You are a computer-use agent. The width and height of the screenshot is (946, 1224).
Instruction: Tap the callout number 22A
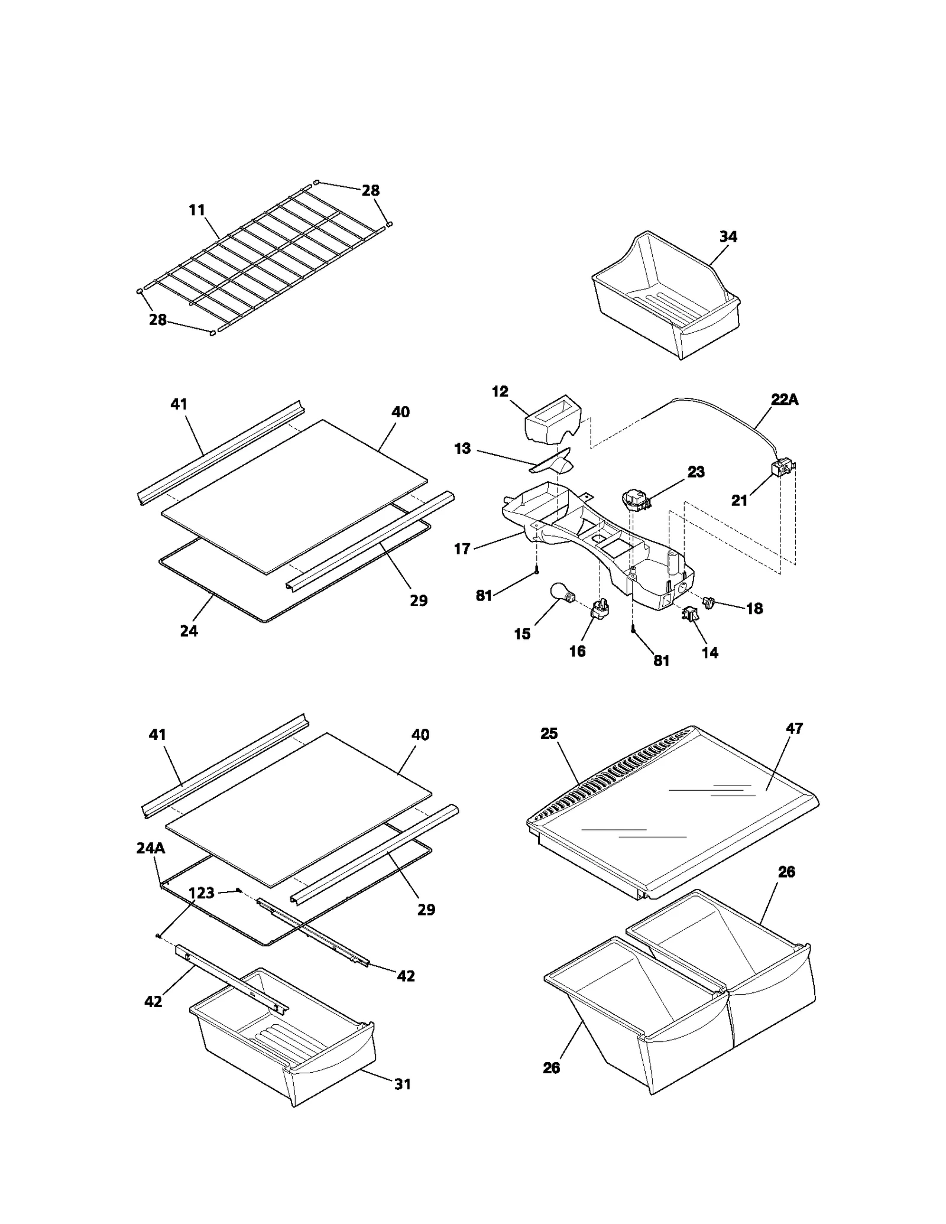point(785,400)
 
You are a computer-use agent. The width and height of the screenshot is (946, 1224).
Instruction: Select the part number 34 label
point(728,236)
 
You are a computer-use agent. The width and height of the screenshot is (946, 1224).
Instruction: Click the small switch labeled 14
point(690,615)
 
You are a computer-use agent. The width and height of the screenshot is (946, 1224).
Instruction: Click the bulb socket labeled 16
point(600,609)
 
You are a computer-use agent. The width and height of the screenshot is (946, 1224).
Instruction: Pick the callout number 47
point(794,728)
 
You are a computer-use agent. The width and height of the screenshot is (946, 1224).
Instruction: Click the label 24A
point(150,848)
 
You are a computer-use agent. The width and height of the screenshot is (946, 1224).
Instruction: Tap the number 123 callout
point(202,892)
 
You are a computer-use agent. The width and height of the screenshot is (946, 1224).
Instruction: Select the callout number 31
point(402,1084)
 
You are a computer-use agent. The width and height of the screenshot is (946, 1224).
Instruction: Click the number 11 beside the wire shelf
point(197,210)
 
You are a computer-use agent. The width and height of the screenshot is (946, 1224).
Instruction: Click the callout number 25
point(549,733)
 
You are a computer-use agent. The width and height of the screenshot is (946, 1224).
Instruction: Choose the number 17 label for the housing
point(462,548)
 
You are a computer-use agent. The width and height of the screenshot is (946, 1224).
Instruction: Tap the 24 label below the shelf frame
point(189,631)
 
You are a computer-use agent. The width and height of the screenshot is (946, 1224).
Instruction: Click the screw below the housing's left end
point(536,570)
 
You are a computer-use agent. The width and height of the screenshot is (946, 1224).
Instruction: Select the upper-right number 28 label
point(371,190)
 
